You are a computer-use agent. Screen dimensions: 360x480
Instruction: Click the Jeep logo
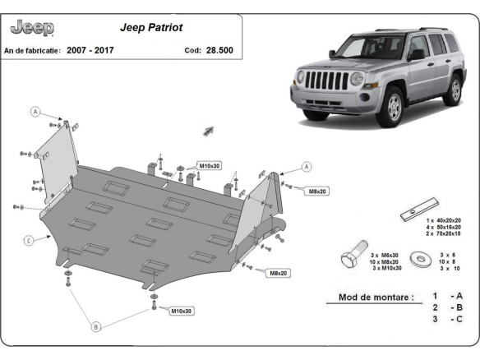pyautogui.click(x=32, y=28)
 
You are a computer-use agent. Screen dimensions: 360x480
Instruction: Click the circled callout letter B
pyautogui.click(x=95, y=327)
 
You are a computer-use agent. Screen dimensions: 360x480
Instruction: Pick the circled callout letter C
pyautogui.click(x=28, y=240)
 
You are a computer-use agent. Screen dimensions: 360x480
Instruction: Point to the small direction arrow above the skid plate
pyautogui.click(x=208, y=129)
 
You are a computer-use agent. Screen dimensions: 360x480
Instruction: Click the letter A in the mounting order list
pyautogui.click(x=458, y=295)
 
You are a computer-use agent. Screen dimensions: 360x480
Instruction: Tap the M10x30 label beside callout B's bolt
pyautogui.click(x=182, y=311)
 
